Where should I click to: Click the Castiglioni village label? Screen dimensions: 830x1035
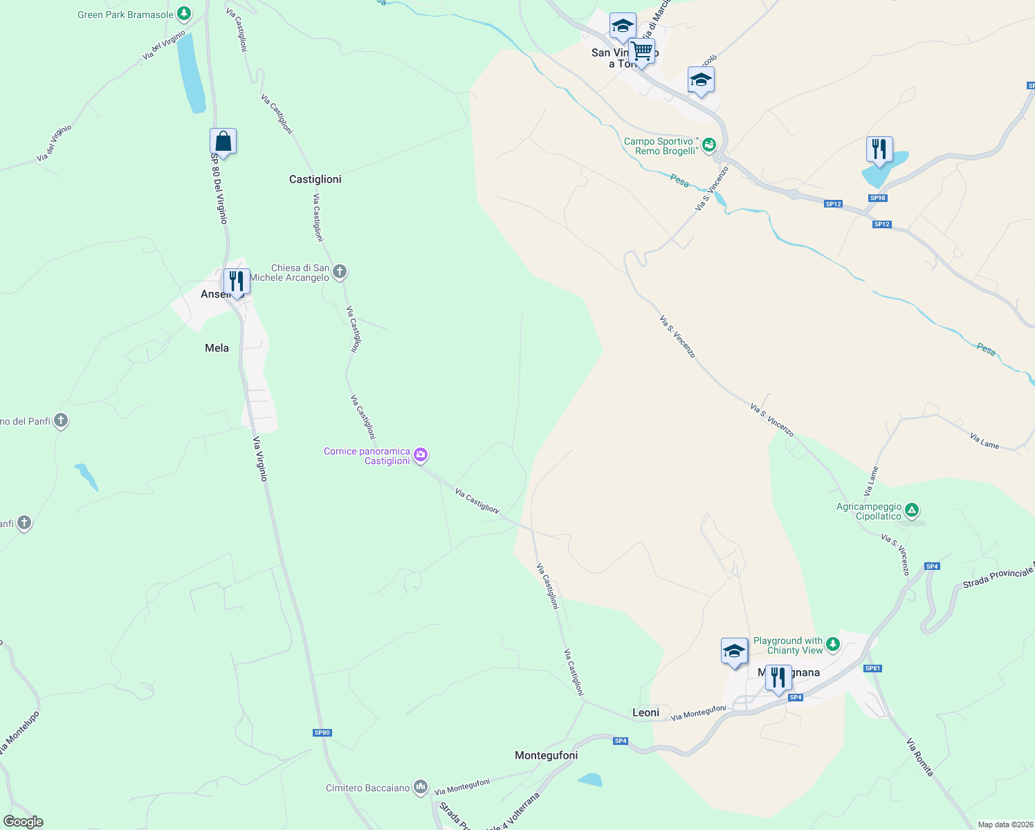click(x=315, y=179)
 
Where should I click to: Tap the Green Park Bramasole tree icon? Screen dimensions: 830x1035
click(x=183, y=13)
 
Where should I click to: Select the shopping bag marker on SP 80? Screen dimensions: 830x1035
click(x=223, y=141)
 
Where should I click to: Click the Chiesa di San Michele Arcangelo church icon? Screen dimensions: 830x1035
click(x=339, y=271)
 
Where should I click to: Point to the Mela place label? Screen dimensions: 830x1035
click(x=217, y=348)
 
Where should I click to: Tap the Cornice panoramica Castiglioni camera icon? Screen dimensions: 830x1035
click(x=421, y=455)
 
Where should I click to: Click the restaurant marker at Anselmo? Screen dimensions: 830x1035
click(x=237, y=282)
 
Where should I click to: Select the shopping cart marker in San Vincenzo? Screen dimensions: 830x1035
click(x=641, y=50)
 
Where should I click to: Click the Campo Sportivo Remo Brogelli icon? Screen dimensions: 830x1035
click(x=708, y=145)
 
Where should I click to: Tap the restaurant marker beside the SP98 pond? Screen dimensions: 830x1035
click(x=879, y=149)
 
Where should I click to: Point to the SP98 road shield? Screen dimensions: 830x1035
click(x=877, y=198)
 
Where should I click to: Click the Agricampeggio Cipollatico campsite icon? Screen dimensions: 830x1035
click(x=912, y=510)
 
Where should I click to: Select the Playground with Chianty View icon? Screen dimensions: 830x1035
click(x=833, y=645)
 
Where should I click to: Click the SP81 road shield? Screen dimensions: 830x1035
click(x=872, y=668)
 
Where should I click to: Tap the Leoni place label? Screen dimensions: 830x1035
click(x=645, y=712)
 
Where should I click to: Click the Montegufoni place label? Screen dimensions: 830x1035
click(x=546, y=755)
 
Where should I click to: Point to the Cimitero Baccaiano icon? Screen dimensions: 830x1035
click(x=421, y=787)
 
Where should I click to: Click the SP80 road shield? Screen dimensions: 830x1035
click(x=322, y=732)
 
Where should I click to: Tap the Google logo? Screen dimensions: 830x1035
click(x=24, y=822)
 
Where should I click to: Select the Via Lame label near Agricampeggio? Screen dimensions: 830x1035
click(x=871, y=481)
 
